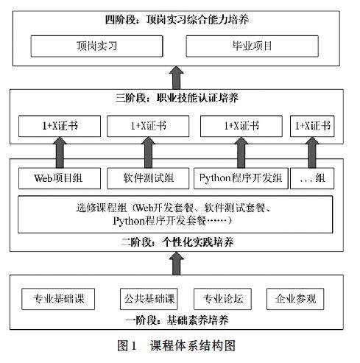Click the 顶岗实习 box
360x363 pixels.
click(96, 46)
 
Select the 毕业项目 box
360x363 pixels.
click(253, 46)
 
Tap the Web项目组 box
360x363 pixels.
click(60, 178)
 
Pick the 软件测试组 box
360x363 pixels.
click(148, 178)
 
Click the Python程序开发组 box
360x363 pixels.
click(241, 178)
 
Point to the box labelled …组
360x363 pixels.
click(312, 178)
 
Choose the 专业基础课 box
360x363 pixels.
click(58, 299)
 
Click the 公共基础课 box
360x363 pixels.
click(149, 299)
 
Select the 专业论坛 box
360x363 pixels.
click(222, 299)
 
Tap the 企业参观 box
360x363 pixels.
click(295, 299)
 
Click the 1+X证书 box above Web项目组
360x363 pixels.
click(60, 126)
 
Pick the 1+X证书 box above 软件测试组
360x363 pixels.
click(148, 126)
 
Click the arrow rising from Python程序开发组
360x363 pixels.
click(241, 152)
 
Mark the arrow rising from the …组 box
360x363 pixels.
click(312, 152)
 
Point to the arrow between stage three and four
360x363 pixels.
click(177, 77)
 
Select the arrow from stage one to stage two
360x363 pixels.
click(177, 264)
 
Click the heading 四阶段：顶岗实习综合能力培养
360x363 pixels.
click(177, 20)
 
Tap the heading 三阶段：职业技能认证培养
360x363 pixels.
click(177, 98)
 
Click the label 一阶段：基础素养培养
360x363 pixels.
click(177, 320)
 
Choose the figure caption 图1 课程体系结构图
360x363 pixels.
click(177, 345)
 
